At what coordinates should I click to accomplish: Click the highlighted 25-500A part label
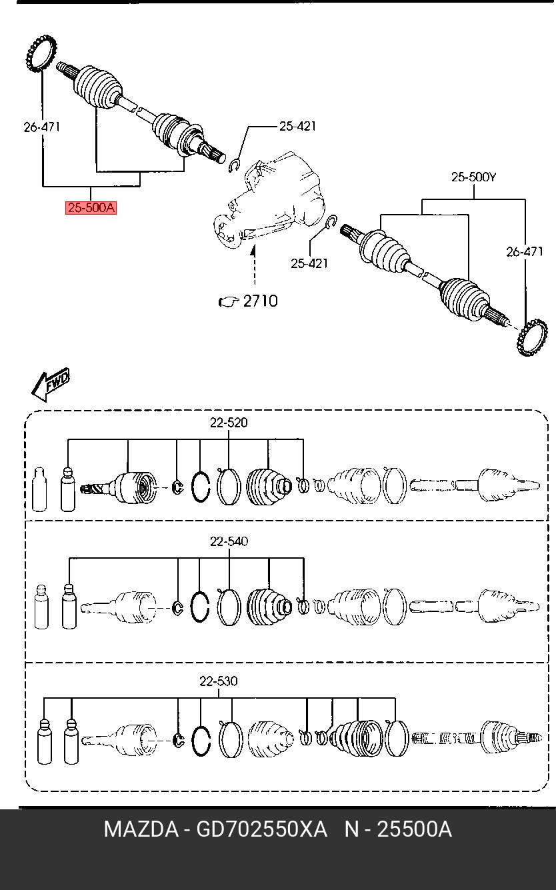pyautogui.click(x=91, y=208)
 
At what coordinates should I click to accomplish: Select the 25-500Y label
pyautogui.click(x=474, y=177)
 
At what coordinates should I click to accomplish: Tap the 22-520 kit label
pyautogui.click(x=229, y=423)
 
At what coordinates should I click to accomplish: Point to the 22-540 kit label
pyautogui.click(x=229, y=541)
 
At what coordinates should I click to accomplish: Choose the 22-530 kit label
pyautogui.click(x=218, y=681)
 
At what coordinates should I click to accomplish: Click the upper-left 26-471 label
pyautogui.click(x=42, y=127)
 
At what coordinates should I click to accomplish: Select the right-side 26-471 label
pyautogui.click(x=525, y=252)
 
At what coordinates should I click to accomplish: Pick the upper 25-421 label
pyautogui.click(x=297, y=126)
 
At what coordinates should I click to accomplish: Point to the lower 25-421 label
pyautogui.click(x=309, y=263)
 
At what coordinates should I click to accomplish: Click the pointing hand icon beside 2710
pyautogui.click(x=229, y=302)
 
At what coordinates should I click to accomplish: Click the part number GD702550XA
pyautogui.click(x=261, y=830)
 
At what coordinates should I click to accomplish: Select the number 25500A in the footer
pyautogui.click(x=415, y=830)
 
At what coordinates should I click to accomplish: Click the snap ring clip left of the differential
pyautogui.click(x=235, y=165)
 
